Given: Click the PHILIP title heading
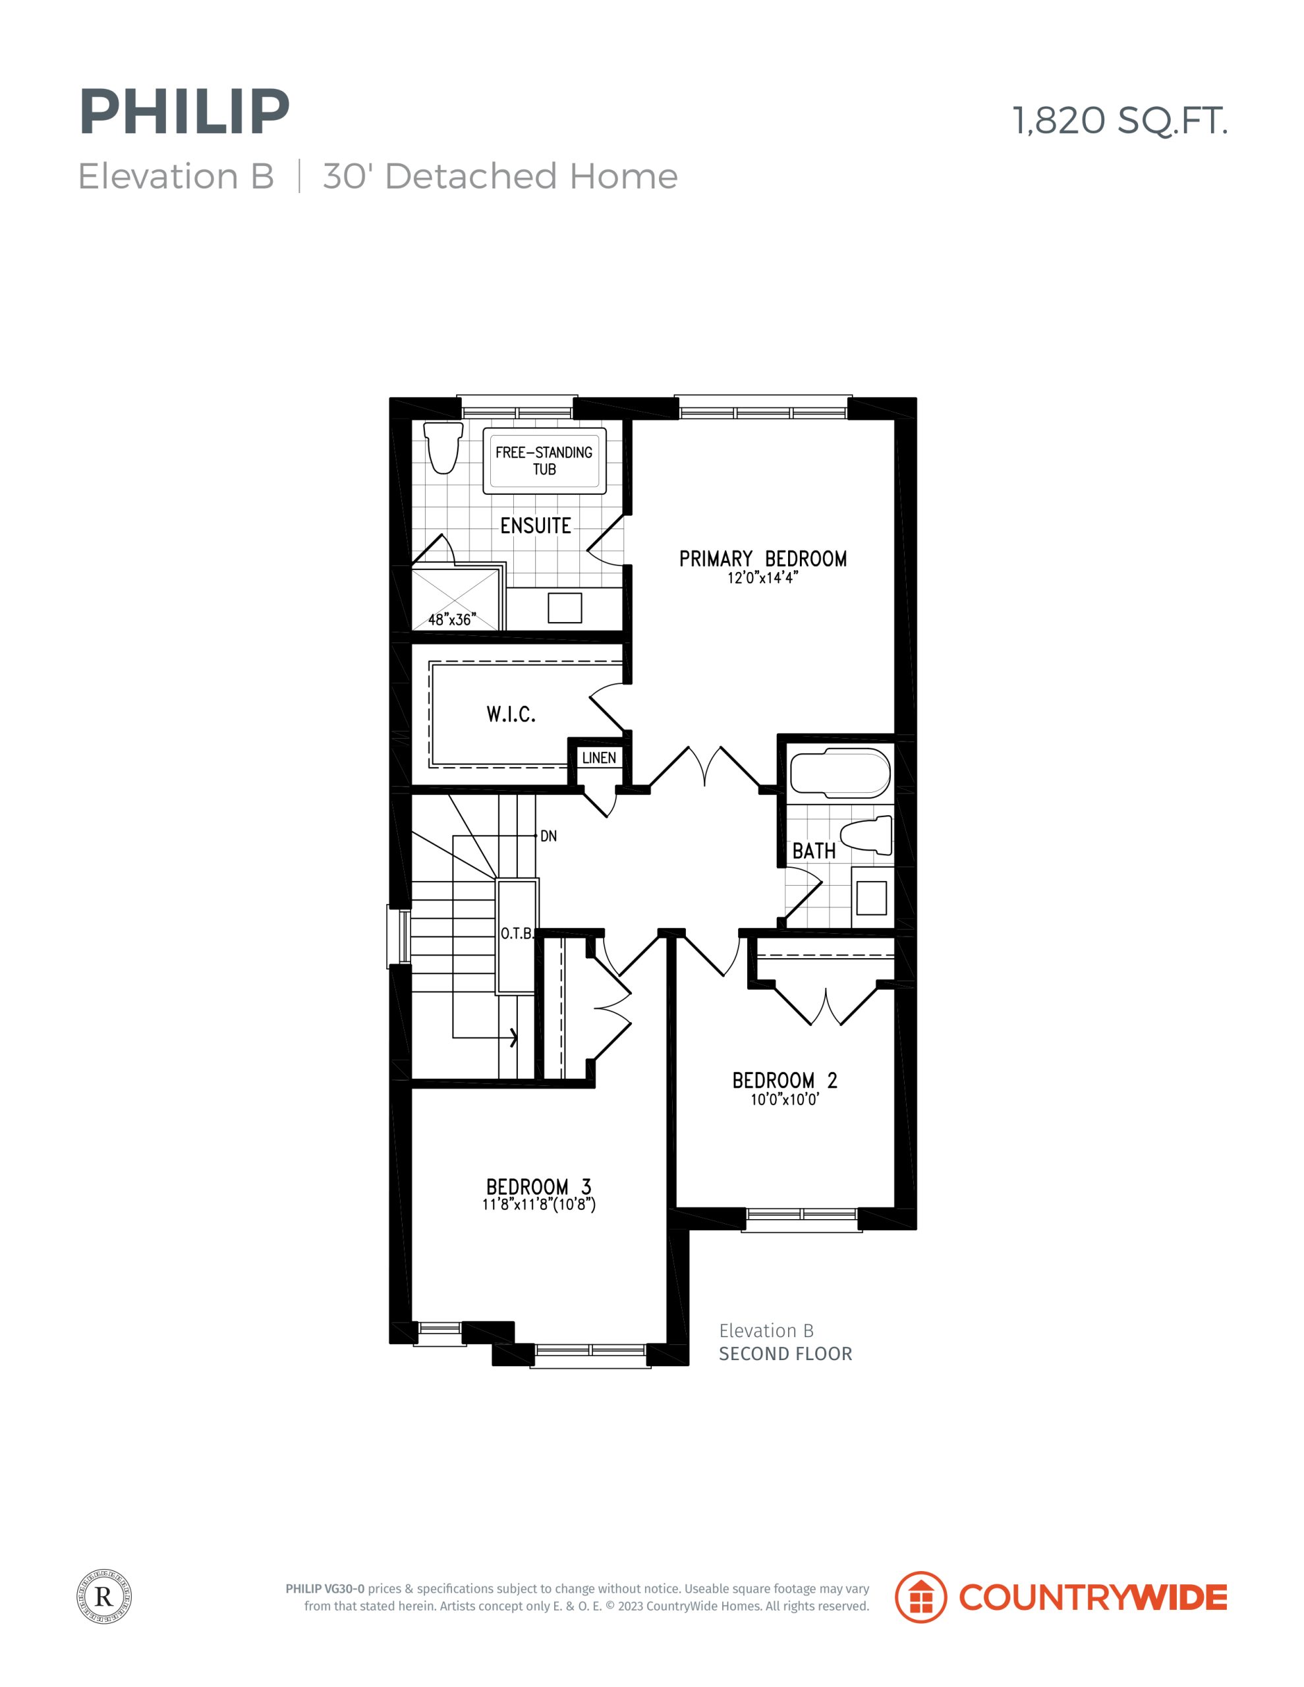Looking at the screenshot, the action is tap(184, 113).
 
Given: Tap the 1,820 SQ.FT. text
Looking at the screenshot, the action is tap(1120, 121).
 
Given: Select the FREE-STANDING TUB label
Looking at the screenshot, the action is tap(544, 461).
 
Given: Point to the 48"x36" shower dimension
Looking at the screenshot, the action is tap(452, 619).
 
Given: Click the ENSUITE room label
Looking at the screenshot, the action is tap(535, 526).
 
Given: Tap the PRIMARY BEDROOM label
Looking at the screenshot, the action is tap(762, 558).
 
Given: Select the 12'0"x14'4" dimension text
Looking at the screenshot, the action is tap(762, 578).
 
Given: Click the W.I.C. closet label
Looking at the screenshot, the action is tap(511, 714).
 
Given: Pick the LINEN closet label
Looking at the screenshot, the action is tap(599, 758).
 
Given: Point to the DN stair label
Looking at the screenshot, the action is tap(548, 836).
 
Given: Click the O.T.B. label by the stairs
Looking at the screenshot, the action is tap(516, 934).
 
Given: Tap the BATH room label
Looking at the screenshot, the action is tap(814, 851).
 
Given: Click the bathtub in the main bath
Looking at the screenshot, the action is tap(839, 773).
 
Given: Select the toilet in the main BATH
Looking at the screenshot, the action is tap(865, 836).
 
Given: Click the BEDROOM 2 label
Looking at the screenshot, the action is tap(784, 1080).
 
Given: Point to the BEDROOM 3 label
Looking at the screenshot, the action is tap(538, 1186).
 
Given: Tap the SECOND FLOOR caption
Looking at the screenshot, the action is tap(785, 1354).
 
